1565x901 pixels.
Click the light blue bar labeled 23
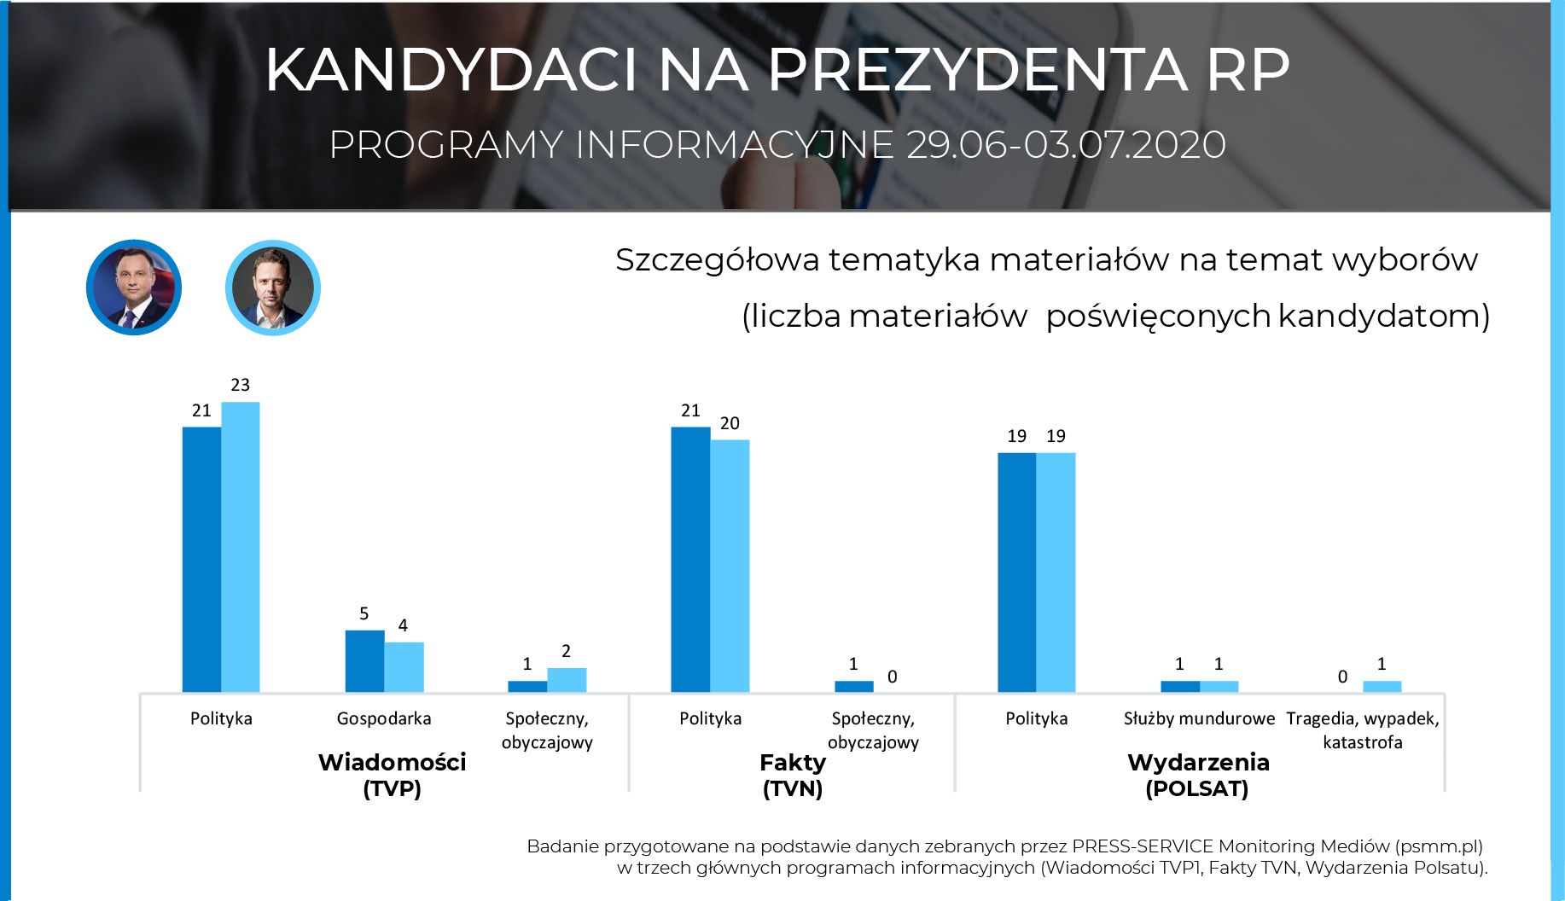point(241,546)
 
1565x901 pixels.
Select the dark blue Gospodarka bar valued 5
point(364,660)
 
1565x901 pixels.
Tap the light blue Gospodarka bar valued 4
point(404,666)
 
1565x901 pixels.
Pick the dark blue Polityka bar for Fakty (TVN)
point(690,559)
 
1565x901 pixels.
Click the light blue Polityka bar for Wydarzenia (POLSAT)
point(1056,572)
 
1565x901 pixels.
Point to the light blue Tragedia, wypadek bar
point(1382,686)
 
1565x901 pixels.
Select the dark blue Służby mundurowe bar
point(1179,686)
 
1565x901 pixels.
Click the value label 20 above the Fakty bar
point(730,423)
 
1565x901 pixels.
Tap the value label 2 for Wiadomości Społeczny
point(566,652)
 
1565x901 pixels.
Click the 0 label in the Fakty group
point(893,677)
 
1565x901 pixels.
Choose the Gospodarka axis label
point(384,718)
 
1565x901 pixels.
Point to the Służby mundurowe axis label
point(1199,718)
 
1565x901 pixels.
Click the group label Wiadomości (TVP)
point(393,775)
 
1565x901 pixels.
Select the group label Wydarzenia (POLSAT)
point(1198,775)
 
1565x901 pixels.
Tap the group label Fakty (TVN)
point(793,775)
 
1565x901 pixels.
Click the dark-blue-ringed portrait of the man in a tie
point(134,288)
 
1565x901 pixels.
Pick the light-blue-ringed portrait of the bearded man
point(273,288)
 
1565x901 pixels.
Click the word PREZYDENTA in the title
point(977,70)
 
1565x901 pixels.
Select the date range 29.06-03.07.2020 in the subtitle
point(1066,145)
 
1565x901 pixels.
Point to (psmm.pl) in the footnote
point(1440,846)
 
